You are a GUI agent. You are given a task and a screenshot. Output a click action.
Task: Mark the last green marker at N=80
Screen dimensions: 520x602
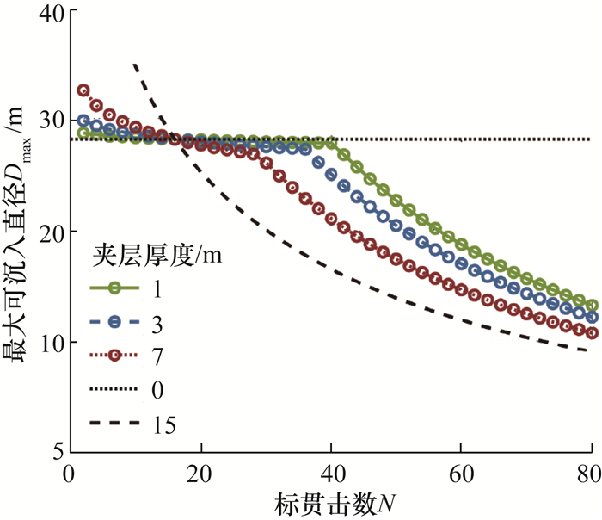coord(592,306)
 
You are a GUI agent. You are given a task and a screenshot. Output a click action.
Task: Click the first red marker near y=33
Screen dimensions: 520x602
coord(83,90)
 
